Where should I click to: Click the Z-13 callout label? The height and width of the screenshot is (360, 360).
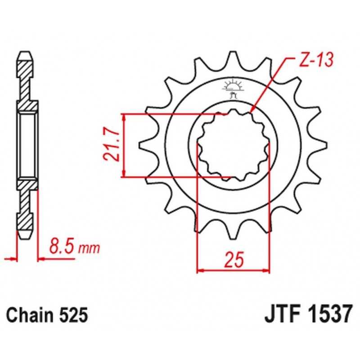coord(316,60)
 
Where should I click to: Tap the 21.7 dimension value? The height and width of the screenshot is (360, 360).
coord(112,146)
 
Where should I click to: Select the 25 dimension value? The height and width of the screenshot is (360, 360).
coord(234,260)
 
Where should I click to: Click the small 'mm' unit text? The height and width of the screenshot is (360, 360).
coord(90,249)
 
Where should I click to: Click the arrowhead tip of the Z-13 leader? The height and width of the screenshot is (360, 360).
coord(251,113)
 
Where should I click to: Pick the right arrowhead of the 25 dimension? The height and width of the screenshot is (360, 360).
coord(268,270)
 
